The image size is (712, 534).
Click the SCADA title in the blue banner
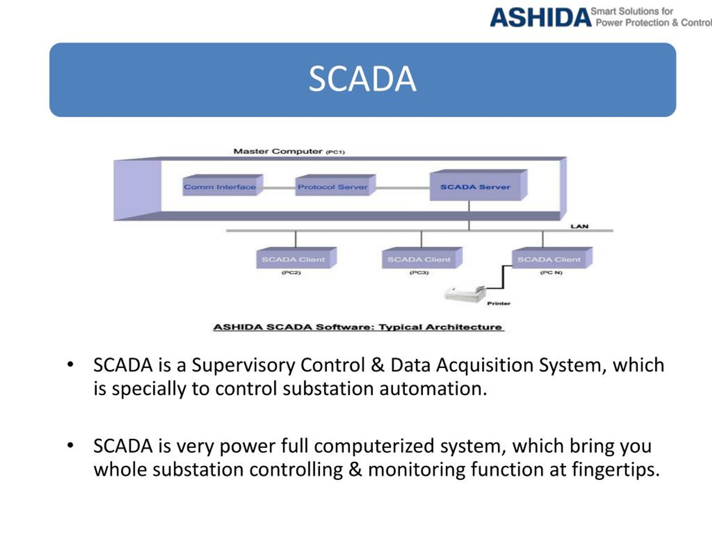[x=362, y=79]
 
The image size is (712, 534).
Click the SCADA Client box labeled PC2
[x=296, y=258]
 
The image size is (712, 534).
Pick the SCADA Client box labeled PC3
[x=422, y=258]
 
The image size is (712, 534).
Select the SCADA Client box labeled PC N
[x=552, y=258]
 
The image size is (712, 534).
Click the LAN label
[x=579, y=226]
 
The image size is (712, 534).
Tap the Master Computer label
[x=289, y=151]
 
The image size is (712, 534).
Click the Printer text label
[x=499, y=303]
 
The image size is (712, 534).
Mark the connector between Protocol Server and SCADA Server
[x=403, y=188]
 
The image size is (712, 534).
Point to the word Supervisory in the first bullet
[x=243, y=365]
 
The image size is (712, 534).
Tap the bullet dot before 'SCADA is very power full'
[x=70, y=446]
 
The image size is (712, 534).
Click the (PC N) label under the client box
[x=551, y=273]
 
